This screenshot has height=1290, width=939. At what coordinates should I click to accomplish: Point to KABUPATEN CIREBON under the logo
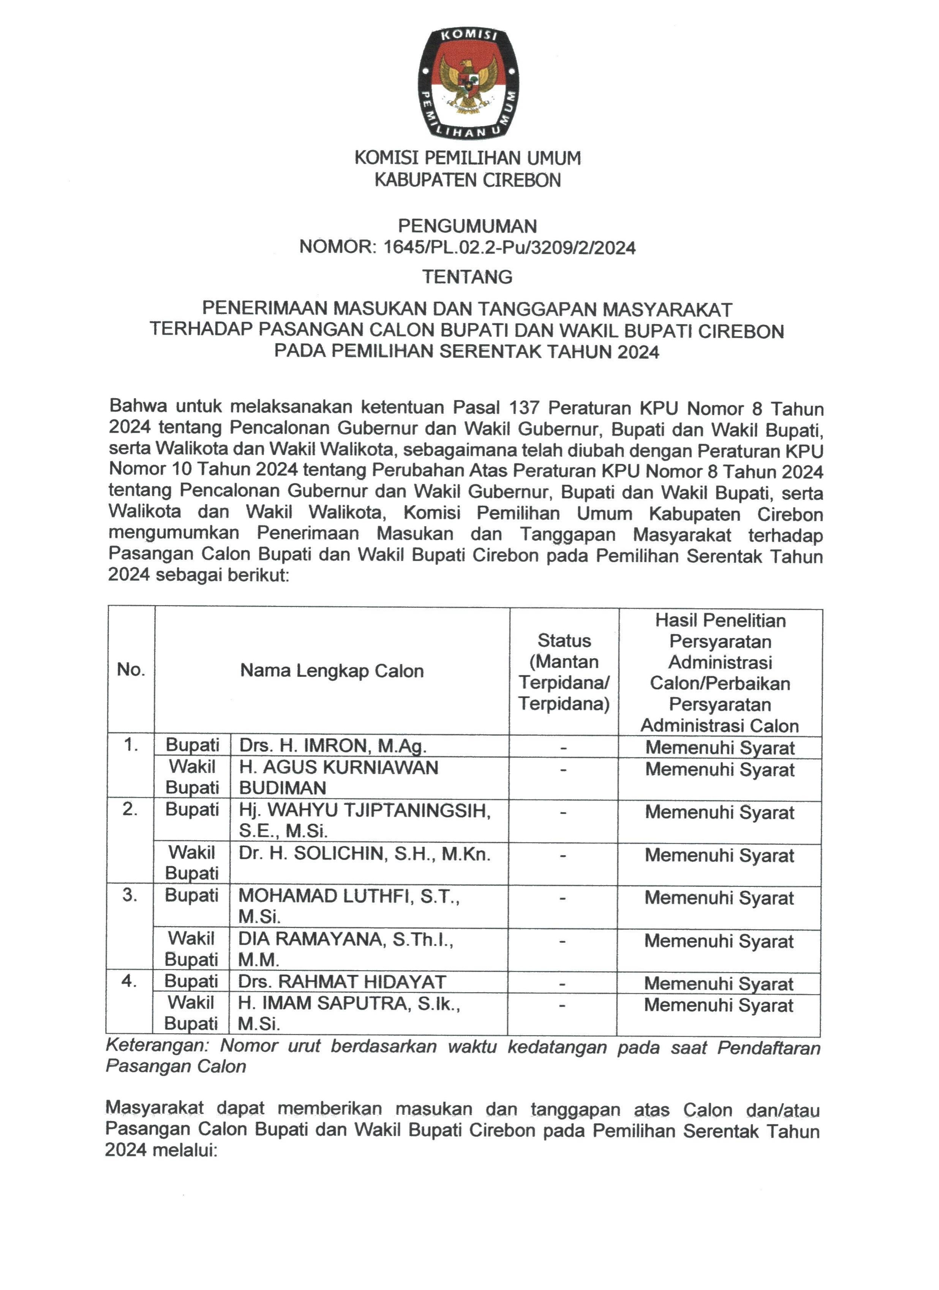click(468, 180)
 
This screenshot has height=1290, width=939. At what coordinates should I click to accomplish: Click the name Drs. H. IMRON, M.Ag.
click(333, 745)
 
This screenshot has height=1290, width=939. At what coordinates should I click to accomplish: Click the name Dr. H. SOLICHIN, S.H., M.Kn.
click(364, 854)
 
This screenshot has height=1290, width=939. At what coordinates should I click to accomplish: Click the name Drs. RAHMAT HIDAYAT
click(342, 982)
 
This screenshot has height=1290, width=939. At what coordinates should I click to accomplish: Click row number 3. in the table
click(130, 895)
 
